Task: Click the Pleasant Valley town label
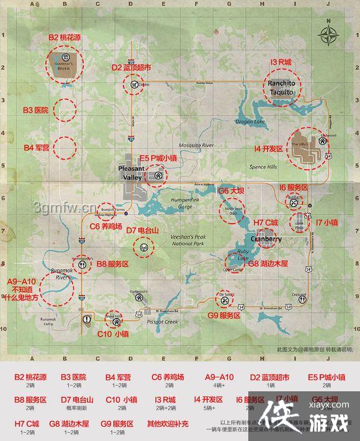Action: pyautogui.click(x=132, y=173)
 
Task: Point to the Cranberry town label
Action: pyautogui.click(x=266, y=239)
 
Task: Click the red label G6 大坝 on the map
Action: pyautogui.click(x=232, y=191)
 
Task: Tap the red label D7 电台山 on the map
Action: pyautogui.click(x=143, y=230)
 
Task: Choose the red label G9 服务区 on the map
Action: pyautogui.click(x=223, y=316)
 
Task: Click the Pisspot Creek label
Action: pyautogui.click(x=163, y=322)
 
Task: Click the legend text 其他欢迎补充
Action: pyautogui.click(x=168, y=424)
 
